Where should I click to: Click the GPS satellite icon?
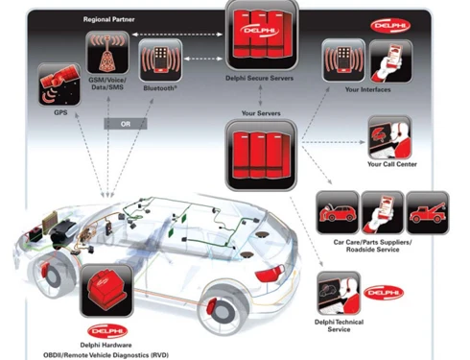[x=59, y=84]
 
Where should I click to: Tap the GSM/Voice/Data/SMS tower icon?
[x=107, y=53]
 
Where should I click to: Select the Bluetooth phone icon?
[x=160, y=60]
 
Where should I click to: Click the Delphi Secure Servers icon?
[x=262, y=35]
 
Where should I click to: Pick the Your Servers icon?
[x=261, y=156]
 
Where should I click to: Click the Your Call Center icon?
[x=389, y=137]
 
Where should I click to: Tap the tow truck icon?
[x=428, y=213]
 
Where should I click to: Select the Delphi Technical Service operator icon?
[x=339, y=294]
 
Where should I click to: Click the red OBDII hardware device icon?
[x=106, y=291]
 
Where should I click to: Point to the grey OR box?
[x=126, y=124]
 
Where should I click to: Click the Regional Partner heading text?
[x=108, y=19]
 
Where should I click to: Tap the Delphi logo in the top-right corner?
[x=390, y=26]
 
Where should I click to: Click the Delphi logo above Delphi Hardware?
[x=107, y=331]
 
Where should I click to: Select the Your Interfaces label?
[x=367, y=89]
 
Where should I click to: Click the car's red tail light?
[x=270, y=275]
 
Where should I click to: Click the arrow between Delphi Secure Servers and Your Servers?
[x=260, y=96]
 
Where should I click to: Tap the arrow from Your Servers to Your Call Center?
[x=333, y=142]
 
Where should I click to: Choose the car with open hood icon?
[x=338, y=213]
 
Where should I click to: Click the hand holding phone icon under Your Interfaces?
[x=391, y=61]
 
